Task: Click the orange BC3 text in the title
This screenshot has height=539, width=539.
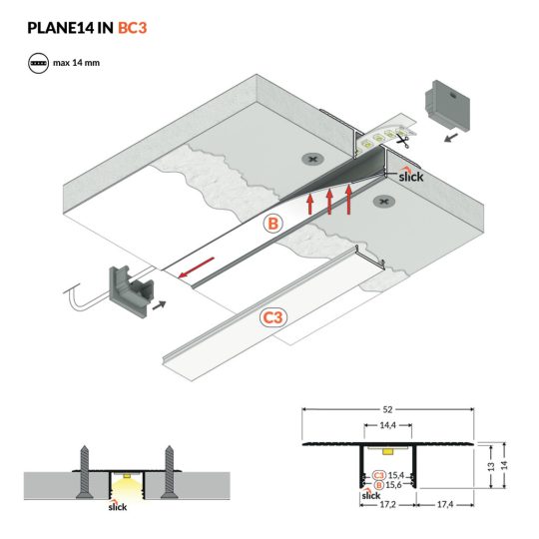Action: click(133, 27)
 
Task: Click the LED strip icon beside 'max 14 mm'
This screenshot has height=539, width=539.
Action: click(39, 63)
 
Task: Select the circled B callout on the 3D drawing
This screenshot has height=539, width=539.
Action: click(272, 226)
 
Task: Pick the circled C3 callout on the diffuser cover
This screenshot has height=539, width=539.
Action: click(272, 318)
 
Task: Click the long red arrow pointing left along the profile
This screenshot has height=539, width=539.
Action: click(196, 268)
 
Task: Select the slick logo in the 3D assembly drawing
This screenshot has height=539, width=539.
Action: click(410, 177)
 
